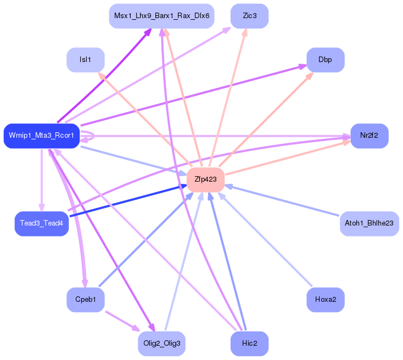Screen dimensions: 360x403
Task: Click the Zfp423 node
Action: pos(205,179)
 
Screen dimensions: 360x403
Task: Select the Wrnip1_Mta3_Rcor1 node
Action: pos(41,136)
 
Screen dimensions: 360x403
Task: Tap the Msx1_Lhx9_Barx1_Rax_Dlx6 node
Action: pos(161,16)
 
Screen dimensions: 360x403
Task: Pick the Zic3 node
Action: pos(249,16)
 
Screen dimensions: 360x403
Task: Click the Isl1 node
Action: pos(85,59)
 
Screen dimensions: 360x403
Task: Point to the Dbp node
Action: pos(325,59)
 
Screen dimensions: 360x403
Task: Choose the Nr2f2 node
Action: pos(369,136)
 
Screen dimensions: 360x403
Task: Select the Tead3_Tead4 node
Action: pos(41,223)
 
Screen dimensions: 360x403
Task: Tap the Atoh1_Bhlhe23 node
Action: pos(369,223)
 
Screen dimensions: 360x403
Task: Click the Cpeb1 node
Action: pos(85,300)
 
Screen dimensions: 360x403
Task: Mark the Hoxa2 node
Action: pos(325,300)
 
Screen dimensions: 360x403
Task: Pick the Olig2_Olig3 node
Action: pos(161,344)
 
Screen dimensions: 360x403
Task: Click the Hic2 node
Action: pos(249,344)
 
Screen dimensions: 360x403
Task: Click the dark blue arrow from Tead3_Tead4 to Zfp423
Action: pos(126,201)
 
